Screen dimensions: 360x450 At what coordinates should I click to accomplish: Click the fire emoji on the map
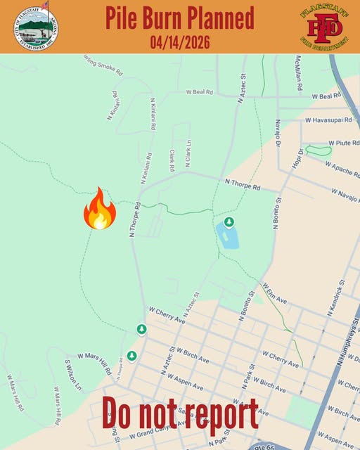(99, 209)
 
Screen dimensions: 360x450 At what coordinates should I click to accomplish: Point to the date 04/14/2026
(180, 41)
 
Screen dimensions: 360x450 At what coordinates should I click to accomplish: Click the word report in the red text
(220, 414)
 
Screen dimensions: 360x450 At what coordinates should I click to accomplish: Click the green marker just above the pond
(229, 223)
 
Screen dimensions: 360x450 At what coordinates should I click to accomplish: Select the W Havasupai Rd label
(331, 120)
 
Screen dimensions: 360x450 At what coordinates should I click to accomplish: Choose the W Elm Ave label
(274, 293)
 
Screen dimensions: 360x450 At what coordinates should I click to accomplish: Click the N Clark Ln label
(188, 153)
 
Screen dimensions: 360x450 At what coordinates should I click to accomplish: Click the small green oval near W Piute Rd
(319, 150)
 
